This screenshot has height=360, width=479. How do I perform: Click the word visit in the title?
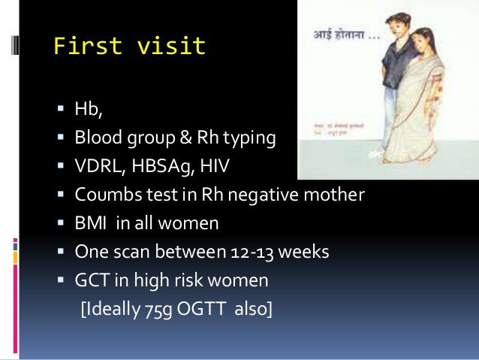[x=169, y=47]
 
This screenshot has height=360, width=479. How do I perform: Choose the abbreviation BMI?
[x=90, y=224]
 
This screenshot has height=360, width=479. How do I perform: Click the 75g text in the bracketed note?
[x=152, y=308]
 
